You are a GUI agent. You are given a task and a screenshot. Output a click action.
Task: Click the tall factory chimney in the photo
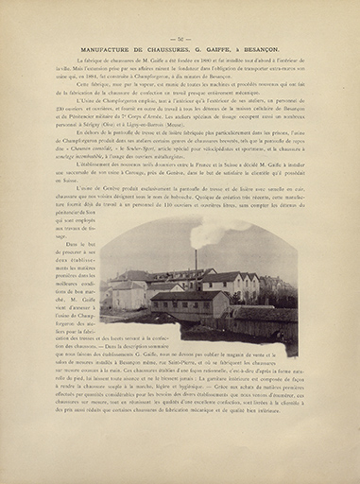click(196, 262)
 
